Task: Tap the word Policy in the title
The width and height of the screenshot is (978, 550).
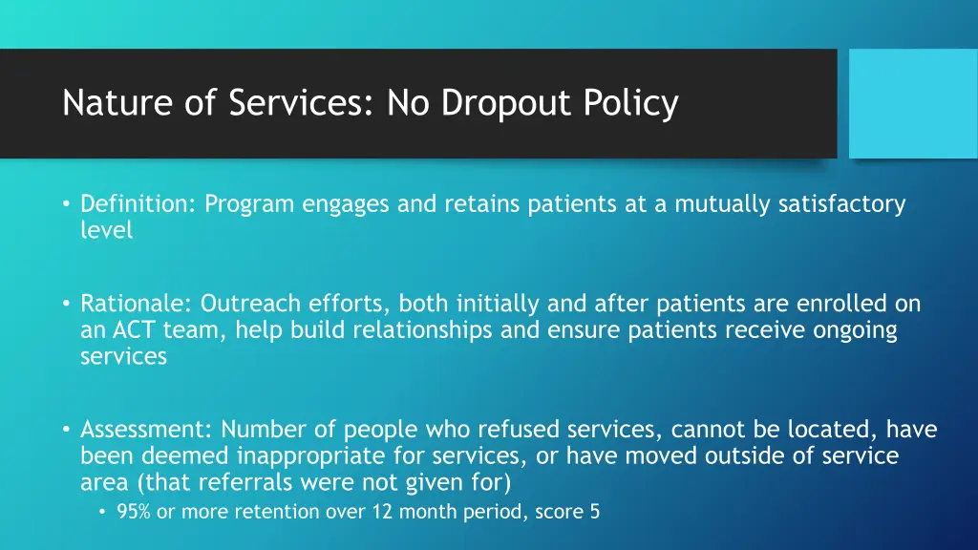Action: [x=636, y=103]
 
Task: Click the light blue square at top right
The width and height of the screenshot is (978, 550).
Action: [x=913, y=103]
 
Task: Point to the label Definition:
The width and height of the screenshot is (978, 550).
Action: [x=138, y=204]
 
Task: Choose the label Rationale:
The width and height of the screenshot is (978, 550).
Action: [x=137, y=304]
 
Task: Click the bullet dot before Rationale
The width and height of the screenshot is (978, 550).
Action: [x=67, y=304]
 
